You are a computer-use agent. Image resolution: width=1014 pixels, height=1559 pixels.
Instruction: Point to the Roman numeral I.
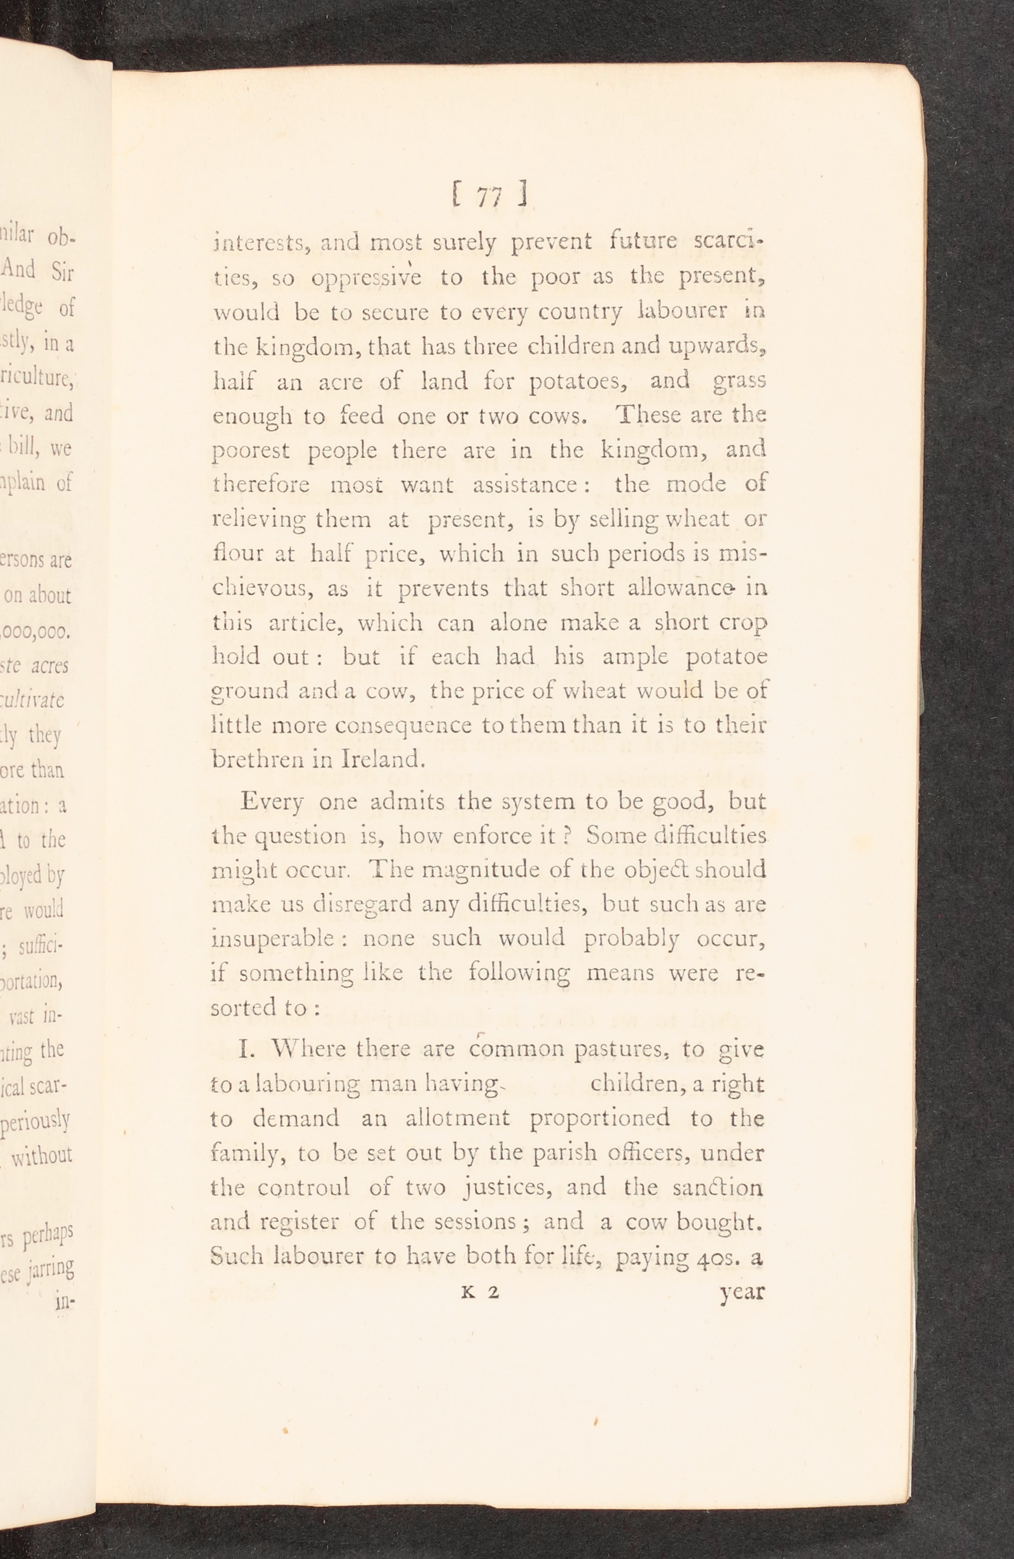[x=246, y=1049]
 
